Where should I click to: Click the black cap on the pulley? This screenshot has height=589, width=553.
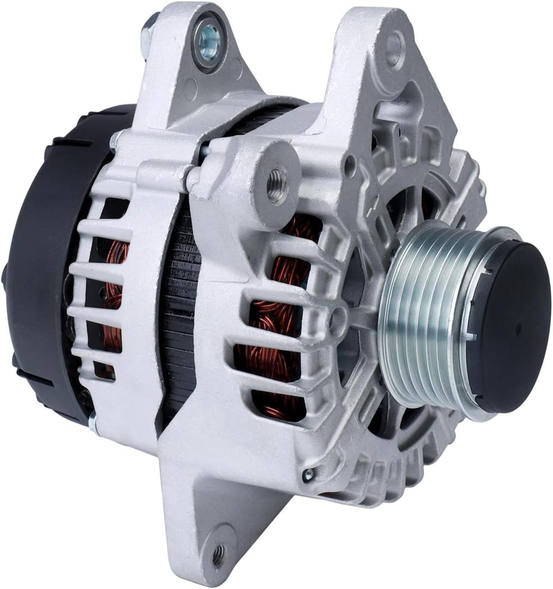[x=510, y=327]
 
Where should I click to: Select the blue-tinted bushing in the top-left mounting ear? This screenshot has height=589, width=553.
[x=208, y=38]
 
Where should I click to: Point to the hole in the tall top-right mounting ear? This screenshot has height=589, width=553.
[x=394, y=49]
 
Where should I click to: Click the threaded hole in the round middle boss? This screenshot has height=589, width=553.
[x=277, y=179]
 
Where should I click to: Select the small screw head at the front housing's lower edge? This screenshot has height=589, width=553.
[x=308, y=474]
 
